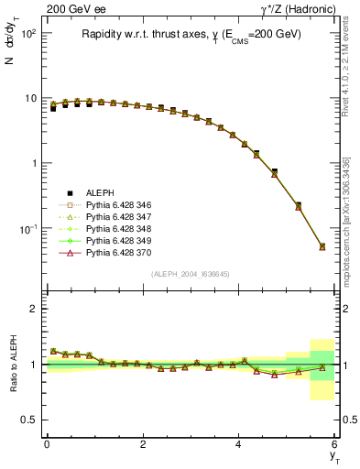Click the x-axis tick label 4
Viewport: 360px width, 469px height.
(239, 444)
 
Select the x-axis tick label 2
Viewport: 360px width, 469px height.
(143, 444)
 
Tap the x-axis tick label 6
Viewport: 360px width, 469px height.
(334, 444)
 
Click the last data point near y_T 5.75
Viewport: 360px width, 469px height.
(322, 246)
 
